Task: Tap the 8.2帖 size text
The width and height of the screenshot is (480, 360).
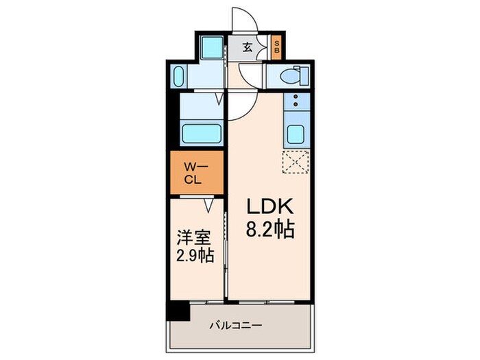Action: [270, 230]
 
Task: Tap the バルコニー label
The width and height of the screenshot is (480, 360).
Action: [235, 325]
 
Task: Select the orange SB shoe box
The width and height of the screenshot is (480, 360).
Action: [276, 48]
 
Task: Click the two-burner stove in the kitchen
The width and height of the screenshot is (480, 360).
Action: [296, 103]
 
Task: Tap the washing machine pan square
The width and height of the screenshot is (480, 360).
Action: [211, 48]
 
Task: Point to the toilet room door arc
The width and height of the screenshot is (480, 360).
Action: [250, 76]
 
